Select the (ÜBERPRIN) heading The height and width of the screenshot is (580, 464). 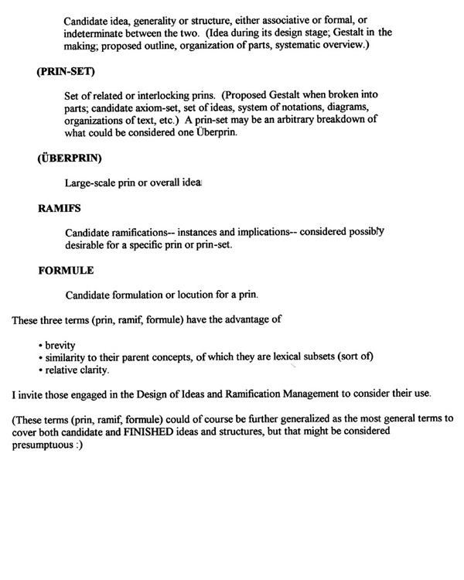coord(67,162)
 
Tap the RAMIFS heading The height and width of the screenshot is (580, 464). coord(58,207)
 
